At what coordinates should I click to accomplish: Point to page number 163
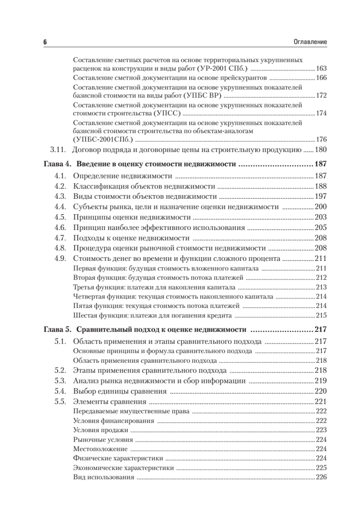pos(321,69)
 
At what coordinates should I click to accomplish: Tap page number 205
pos(321,227)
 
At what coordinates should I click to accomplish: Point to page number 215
pos(321,316)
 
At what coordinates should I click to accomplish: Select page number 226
pos(321,478)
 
